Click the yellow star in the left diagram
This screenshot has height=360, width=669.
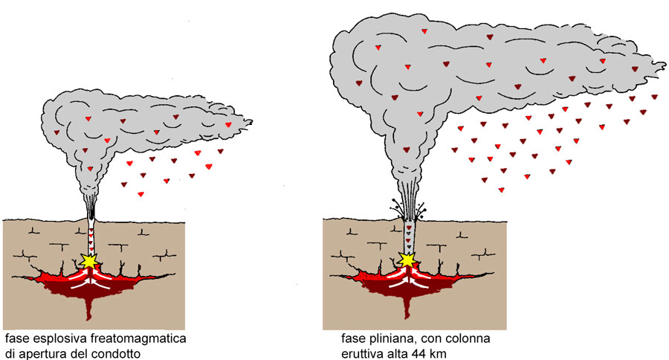pyautogui.click(x=90, y=260)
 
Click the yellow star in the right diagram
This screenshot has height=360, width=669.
pyautogui.click(x=407, y=260)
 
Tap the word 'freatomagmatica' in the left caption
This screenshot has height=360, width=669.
pyautogui.click(x=143, y=339)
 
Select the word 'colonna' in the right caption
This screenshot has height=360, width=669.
pyautogui.click(x=472, y=339)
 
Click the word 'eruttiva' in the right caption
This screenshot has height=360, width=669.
pyautogui.click(x=359, y=353)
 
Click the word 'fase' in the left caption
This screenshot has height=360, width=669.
pyautogui.click(x=16, y=339)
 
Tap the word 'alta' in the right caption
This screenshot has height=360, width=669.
pyautogui.click(x=395, y=353)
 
